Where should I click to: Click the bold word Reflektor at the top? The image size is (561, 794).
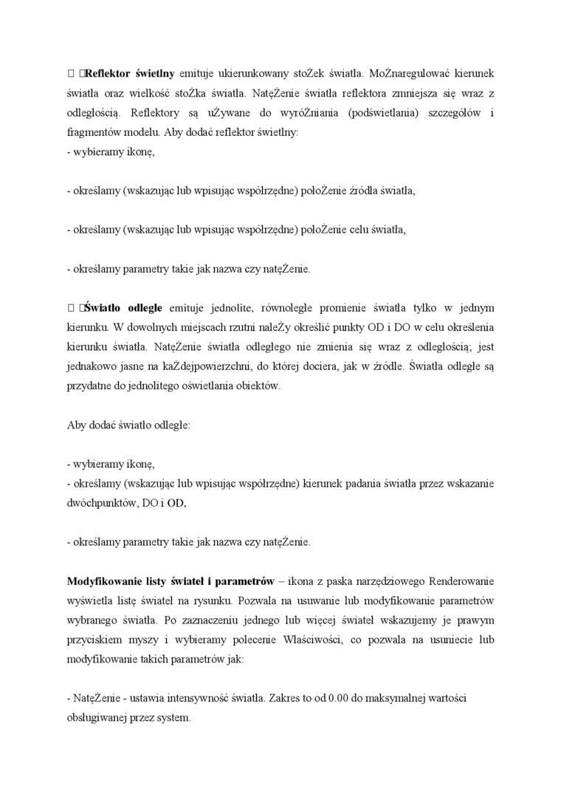click(109, 74)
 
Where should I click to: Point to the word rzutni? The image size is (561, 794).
click(230, 326)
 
